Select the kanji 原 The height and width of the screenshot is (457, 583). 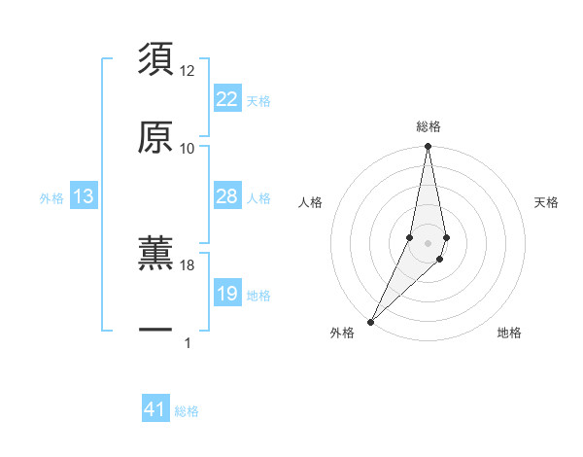pos(155,137)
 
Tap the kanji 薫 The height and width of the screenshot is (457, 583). pos(155,253)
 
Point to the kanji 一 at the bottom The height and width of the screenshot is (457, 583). pos(155,331)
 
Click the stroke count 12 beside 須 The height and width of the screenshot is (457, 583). pos(188,71)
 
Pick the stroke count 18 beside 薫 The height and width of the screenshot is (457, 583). pos(188,264)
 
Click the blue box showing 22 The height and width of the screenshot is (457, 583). pos(226,99)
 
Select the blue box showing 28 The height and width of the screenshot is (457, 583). pos(226,196)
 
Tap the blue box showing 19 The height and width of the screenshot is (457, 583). pos(226,294)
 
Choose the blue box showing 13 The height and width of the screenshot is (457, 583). pos(84,196)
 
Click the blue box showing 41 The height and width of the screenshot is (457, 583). pos(155,410)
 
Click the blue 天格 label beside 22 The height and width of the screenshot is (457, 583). pos(258,100)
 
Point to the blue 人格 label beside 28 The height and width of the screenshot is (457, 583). pos(258,197)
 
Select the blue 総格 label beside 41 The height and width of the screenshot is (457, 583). pos(187,411)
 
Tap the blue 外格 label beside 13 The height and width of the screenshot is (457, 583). pos(51,197)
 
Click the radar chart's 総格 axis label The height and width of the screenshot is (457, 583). pos(428,126)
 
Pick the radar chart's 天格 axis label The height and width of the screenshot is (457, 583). pos(547,202)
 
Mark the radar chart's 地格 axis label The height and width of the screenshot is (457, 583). pos(509,333)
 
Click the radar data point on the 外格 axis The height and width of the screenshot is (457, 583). pos(370,321)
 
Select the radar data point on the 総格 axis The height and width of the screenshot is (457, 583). pos(428,147)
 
